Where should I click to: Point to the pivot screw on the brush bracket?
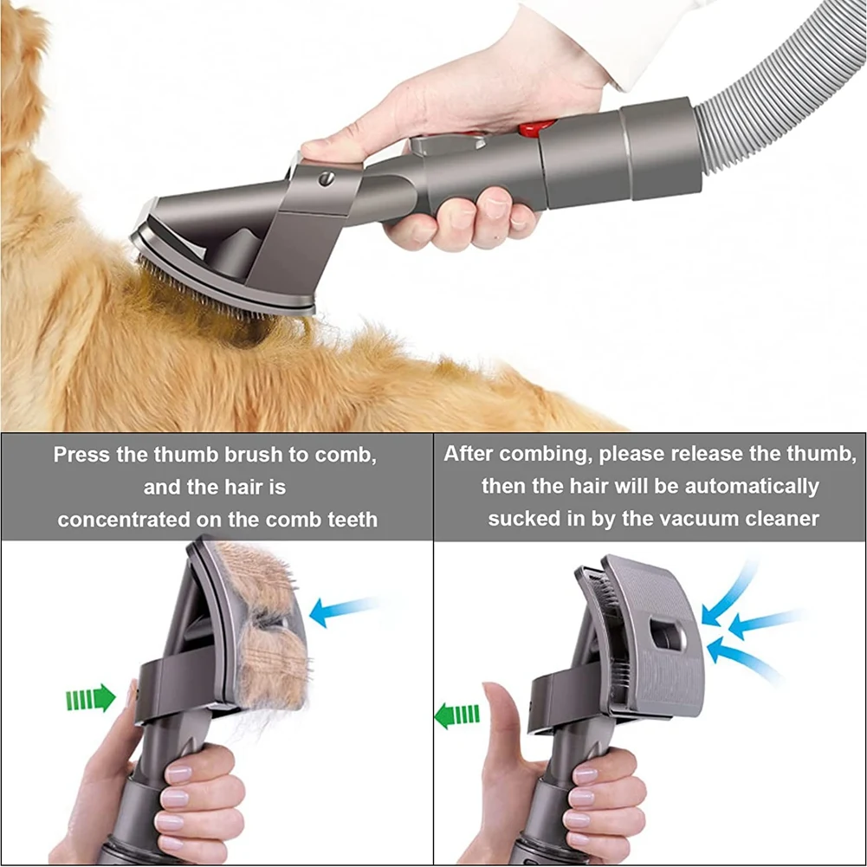(x=327, y=178)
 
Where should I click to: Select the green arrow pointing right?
(x=91, y=697)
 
